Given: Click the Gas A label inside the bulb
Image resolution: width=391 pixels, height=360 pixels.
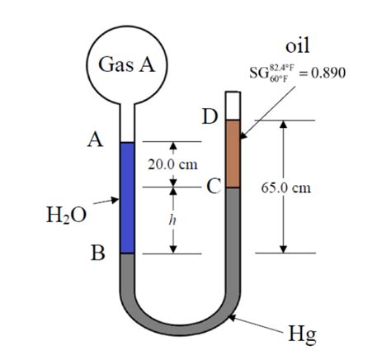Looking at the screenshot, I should click(x=127, y=65).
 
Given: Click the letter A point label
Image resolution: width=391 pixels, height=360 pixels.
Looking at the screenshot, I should click(x=97, y=141).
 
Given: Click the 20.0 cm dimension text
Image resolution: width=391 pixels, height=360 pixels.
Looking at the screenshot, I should click(x=172, y=164).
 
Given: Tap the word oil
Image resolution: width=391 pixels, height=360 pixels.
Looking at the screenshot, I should click(x=294, y=46).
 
